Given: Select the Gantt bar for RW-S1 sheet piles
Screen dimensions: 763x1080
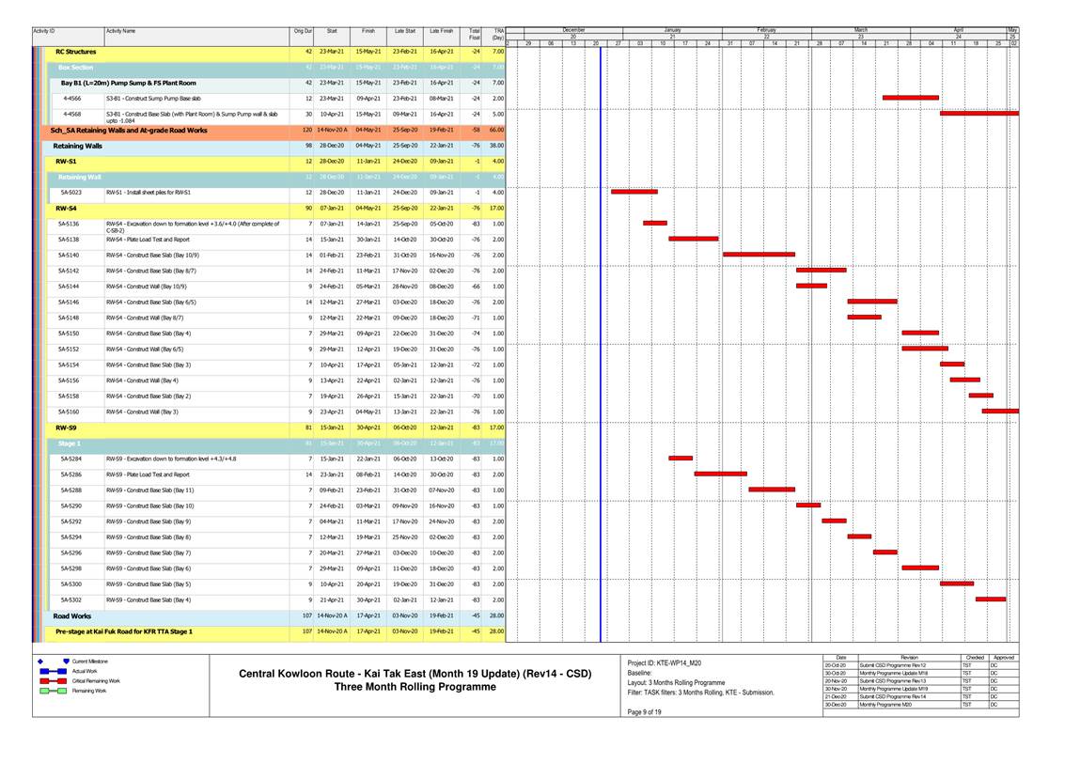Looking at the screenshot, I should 634,192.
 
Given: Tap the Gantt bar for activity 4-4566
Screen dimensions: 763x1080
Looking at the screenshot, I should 910,98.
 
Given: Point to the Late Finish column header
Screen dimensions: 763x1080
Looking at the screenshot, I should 441,31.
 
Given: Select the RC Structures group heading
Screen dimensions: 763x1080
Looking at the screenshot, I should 76,52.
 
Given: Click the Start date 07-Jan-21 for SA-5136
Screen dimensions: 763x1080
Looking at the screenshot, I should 332,224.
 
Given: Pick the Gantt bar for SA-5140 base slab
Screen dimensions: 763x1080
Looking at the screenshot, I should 759,255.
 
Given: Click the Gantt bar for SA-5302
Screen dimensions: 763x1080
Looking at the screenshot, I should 991,599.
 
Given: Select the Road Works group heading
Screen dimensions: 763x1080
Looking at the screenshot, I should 72,615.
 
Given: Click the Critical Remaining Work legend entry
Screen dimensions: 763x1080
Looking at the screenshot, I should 96,680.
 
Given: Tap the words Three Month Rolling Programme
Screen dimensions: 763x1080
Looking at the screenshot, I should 415,687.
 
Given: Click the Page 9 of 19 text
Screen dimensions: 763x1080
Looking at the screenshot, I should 644,711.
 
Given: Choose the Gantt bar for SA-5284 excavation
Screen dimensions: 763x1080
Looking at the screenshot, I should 681,459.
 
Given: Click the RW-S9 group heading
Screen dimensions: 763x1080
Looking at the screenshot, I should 66,428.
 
